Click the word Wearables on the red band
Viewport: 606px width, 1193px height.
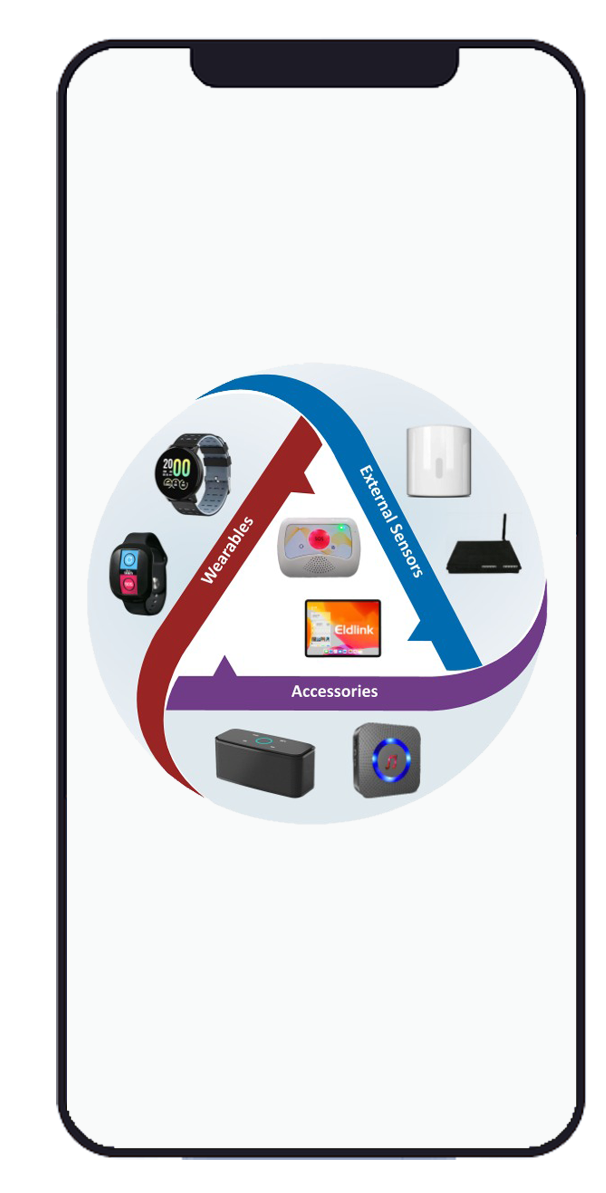(x=227, y=550)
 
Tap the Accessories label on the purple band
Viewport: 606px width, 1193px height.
(x=334, y=691)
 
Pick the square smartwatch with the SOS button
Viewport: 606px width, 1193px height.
(x=138, y=573)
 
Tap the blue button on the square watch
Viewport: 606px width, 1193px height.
(x=129, y=559)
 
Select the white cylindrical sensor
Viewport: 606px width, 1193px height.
(x=439, y=461)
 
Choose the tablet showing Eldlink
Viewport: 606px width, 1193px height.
(x=343, y=628)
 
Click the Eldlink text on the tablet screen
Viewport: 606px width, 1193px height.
(x=354, y=630)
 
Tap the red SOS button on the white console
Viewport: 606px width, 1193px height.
(x=319, y=539)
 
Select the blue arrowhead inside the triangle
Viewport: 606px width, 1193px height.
(x=420, y=633)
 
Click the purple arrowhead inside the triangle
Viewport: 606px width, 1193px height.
(x=225, y=667)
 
